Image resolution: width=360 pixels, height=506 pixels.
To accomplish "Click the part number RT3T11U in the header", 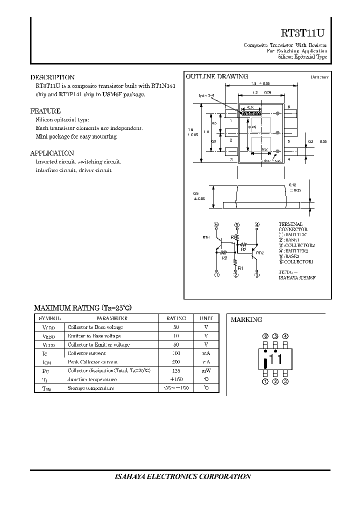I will pyautogui.click(x=303, y=33).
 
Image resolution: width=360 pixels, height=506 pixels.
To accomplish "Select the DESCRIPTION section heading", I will pyautogui.click(x=52, y=77).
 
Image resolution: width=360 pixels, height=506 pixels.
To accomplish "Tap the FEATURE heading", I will pyautogui.click(x=45, y=111).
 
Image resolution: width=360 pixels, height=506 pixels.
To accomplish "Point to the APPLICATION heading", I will pyautogui.click(x=52, y=153).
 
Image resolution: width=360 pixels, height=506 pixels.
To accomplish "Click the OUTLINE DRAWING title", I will pyautogui.click(x=216, y=76).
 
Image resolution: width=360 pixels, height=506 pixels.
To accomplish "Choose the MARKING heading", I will pyautogui.click(x=246, y=319).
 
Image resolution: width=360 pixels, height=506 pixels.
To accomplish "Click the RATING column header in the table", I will pyautogui.click(x=175, y=318).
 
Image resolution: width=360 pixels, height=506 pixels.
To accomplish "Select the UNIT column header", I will pyautogui.click(x=206, y=318).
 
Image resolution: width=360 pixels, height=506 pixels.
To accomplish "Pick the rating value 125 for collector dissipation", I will pyautogui.click(x=175, y=370).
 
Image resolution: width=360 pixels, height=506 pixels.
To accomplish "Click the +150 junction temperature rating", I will pyautogui.click(x=175, y=379).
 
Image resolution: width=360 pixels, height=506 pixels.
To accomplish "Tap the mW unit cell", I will pyautogui.click(x=206, y=370).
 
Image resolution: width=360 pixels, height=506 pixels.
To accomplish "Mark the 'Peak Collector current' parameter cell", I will pyautogui.click(x=93, y=361).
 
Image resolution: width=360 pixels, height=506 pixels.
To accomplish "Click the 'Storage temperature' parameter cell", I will pyautogui.click(x=90, y=388).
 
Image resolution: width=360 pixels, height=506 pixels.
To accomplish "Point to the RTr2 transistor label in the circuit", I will pyautogui.click(x=259, y=253).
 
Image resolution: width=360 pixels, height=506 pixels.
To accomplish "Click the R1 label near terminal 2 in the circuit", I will pyautogui.click(x=240, y=268).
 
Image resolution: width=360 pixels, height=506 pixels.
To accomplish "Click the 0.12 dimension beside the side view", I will pyautogui.click(x=293, y=185).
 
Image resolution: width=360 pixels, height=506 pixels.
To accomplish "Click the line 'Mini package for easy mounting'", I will pyautogui.click(x=76, y=136).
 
